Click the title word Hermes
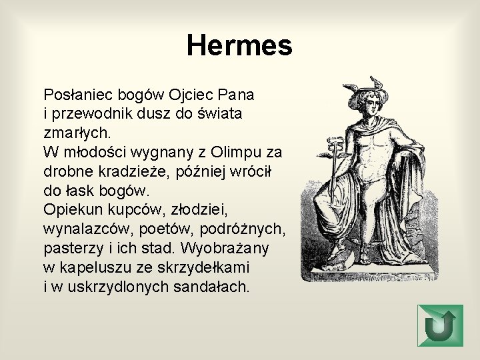(x=239, y=46)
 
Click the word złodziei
(x=200, y=209)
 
